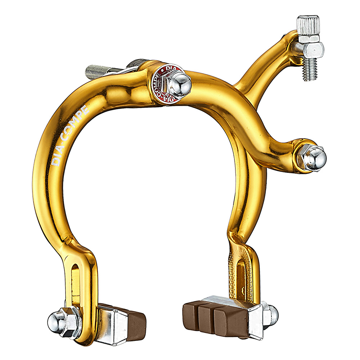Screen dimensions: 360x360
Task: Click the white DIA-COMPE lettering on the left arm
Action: [70, 136]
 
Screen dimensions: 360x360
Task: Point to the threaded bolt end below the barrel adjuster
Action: [311, 70]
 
